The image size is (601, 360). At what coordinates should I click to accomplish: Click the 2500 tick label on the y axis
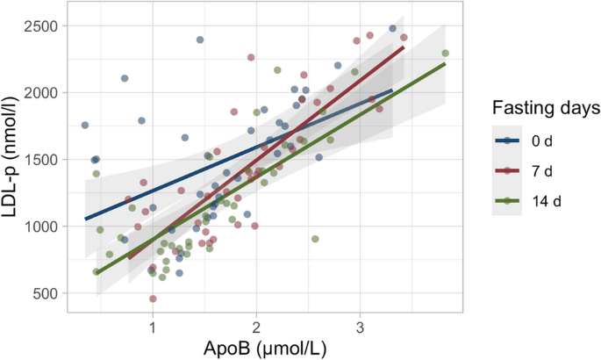[41, 25]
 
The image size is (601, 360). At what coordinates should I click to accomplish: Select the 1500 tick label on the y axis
[41, 160]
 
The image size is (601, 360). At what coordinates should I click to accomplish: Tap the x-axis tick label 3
[360, 328]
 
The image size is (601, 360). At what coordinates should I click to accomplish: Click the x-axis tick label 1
[153, 328]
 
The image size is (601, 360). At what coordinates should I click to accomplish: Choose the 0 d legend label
[542, 140]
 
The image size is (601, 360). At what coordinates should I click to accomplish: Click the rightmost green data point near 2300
[445, 53]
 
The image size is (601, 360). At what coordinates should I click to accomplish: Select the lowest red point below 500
[153, 299]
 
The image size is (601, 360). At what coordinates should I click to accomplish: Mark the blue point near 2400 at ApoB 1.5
[200, 40]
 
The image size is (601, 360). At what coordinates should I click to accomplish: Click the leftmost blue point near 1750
[85, 126]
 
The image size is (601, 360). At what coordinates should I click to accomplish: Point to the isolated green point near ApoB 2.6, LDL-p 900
[315, 239]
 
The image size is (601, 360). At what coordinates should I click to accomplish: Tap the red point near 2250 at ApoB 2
[251, 57]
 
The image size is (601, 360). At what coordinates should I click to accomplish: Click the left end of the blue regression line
[85, 219]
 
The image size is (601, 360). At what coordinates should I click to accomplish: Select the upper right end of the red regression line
[403, 47]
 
